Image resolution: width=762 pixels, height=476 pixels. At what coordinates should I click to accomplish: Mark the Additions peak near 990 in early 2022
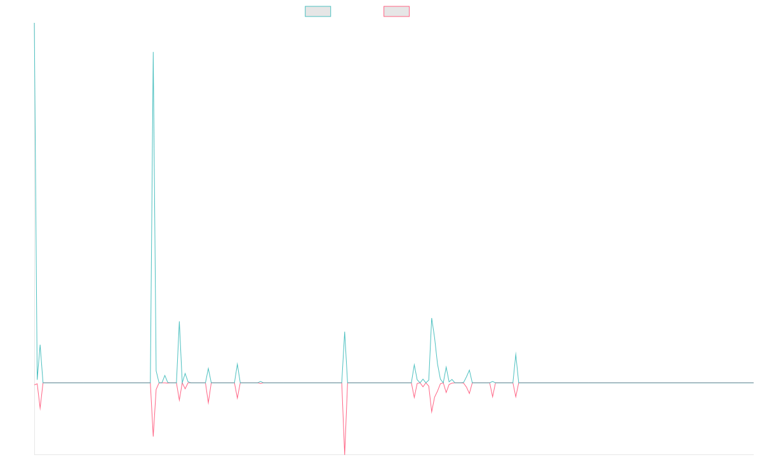(153, 52)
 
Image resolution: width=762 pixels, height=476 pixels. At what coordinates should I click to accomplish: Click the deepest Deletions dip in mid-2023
(345, 453)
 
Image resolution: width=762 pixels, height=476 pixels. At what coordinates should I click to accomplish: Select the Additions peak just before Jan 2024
(432, 319)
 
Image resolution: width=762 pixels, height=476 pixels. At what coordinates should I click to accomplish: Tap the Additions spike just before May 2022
(179, 322)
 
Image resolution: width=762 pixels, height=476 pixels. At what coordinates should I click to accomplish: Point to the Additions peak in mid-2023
(345, 332)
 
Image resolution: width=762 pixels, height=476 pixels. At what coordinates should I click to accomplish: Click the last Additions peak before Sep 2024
(516, 352)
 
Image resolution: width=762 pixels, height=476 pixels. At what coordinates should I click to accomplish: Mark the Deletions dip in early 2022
(153, 436)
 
